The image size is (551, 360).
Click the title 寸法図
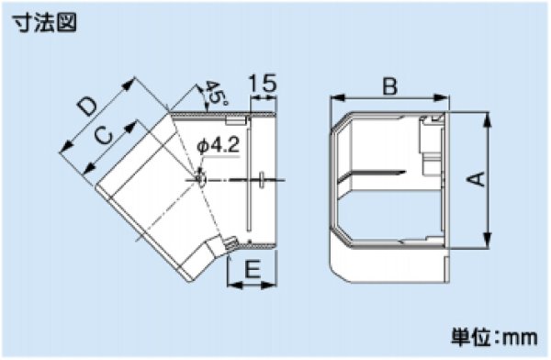[x=44, y=24]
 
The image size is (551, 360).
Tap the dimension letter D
[x=87, y=107]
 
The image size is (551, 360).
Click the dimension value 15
[x=263, y=84]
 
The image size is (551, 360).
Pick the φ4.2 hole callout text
[x=219, y=145]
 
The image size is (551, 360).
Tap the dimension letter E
[x=253, y=269]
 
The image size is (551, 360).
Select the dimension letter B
[x=389, y=86]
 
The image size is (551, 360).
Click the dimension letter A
[x=476, y=179]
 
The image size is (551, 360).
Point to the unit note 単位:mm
[x=494, y=337]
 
